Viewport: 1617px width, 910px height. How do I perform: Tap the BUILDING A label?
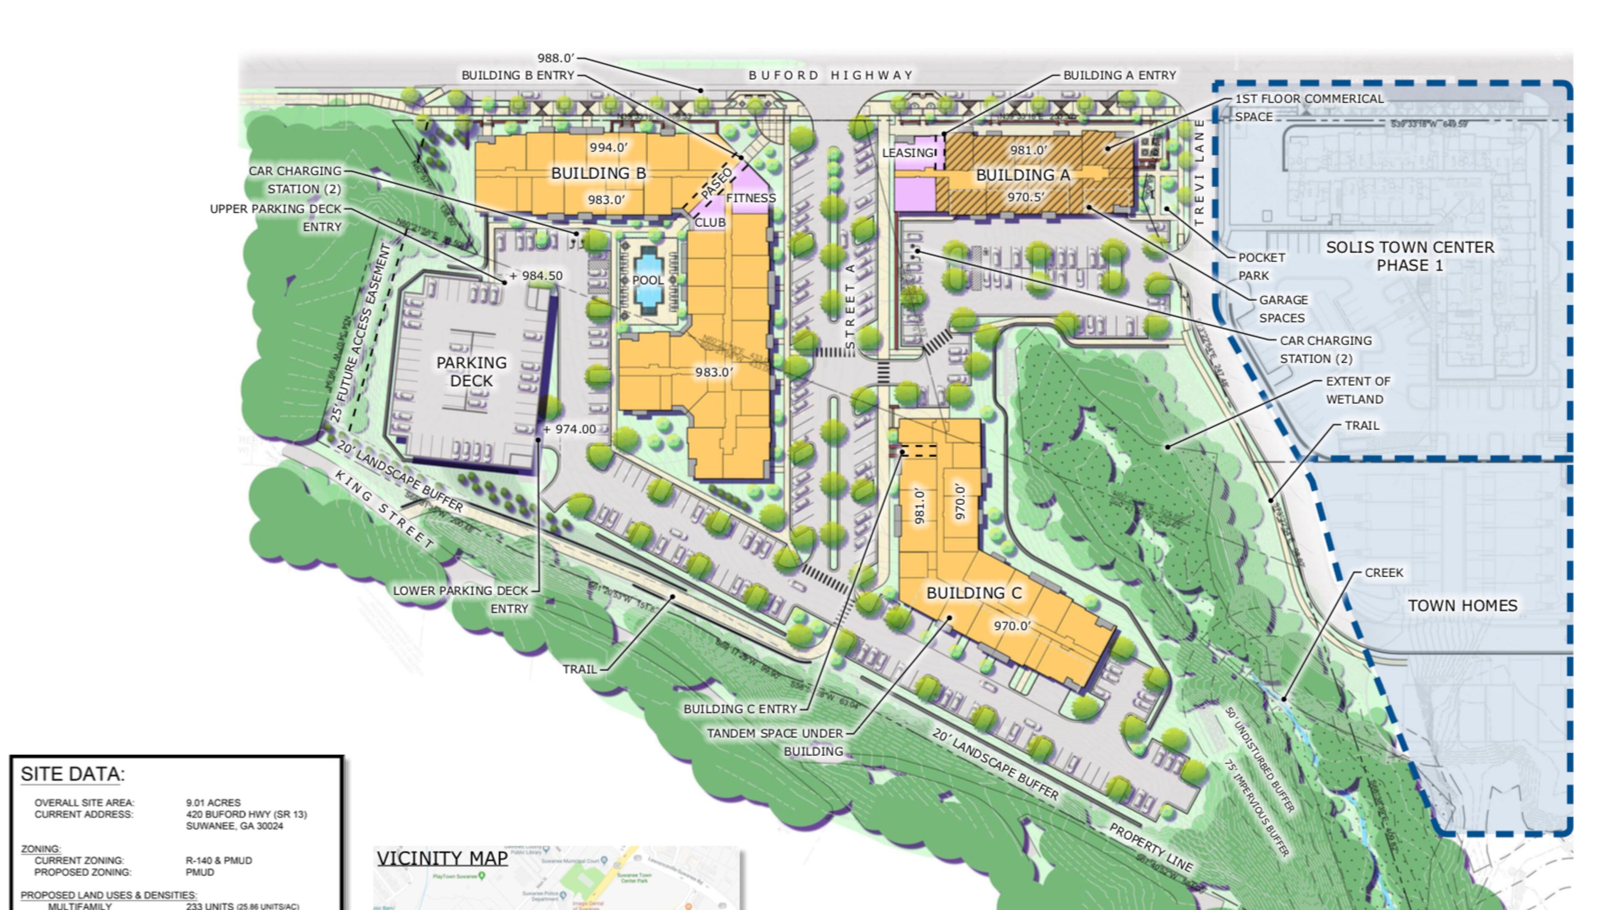coord(1022,175)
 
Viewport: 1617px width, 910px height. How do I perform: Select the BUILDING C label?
coord(974,593)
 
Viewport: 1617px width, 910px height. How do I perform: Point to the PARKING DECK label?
coord(472,372)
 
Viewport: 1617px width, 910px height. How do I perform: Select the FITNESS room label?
coord(751,198)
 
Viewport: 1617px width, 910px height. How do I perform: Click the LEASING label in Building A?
coord(908,153)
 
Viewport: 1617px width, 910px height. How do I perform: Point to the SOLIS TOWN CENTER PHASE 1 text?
coord(1410,256)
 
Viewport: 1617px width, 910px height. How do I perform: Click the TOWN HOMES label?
coord(1462,605)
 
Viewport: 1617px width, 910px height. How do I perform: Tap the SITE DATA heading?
coord(73,774)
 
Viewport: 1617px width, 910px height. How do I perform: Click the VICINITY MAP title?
coord(442,859)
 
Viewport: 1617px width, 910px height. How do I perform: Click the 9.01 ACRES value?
coord(213,803)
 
